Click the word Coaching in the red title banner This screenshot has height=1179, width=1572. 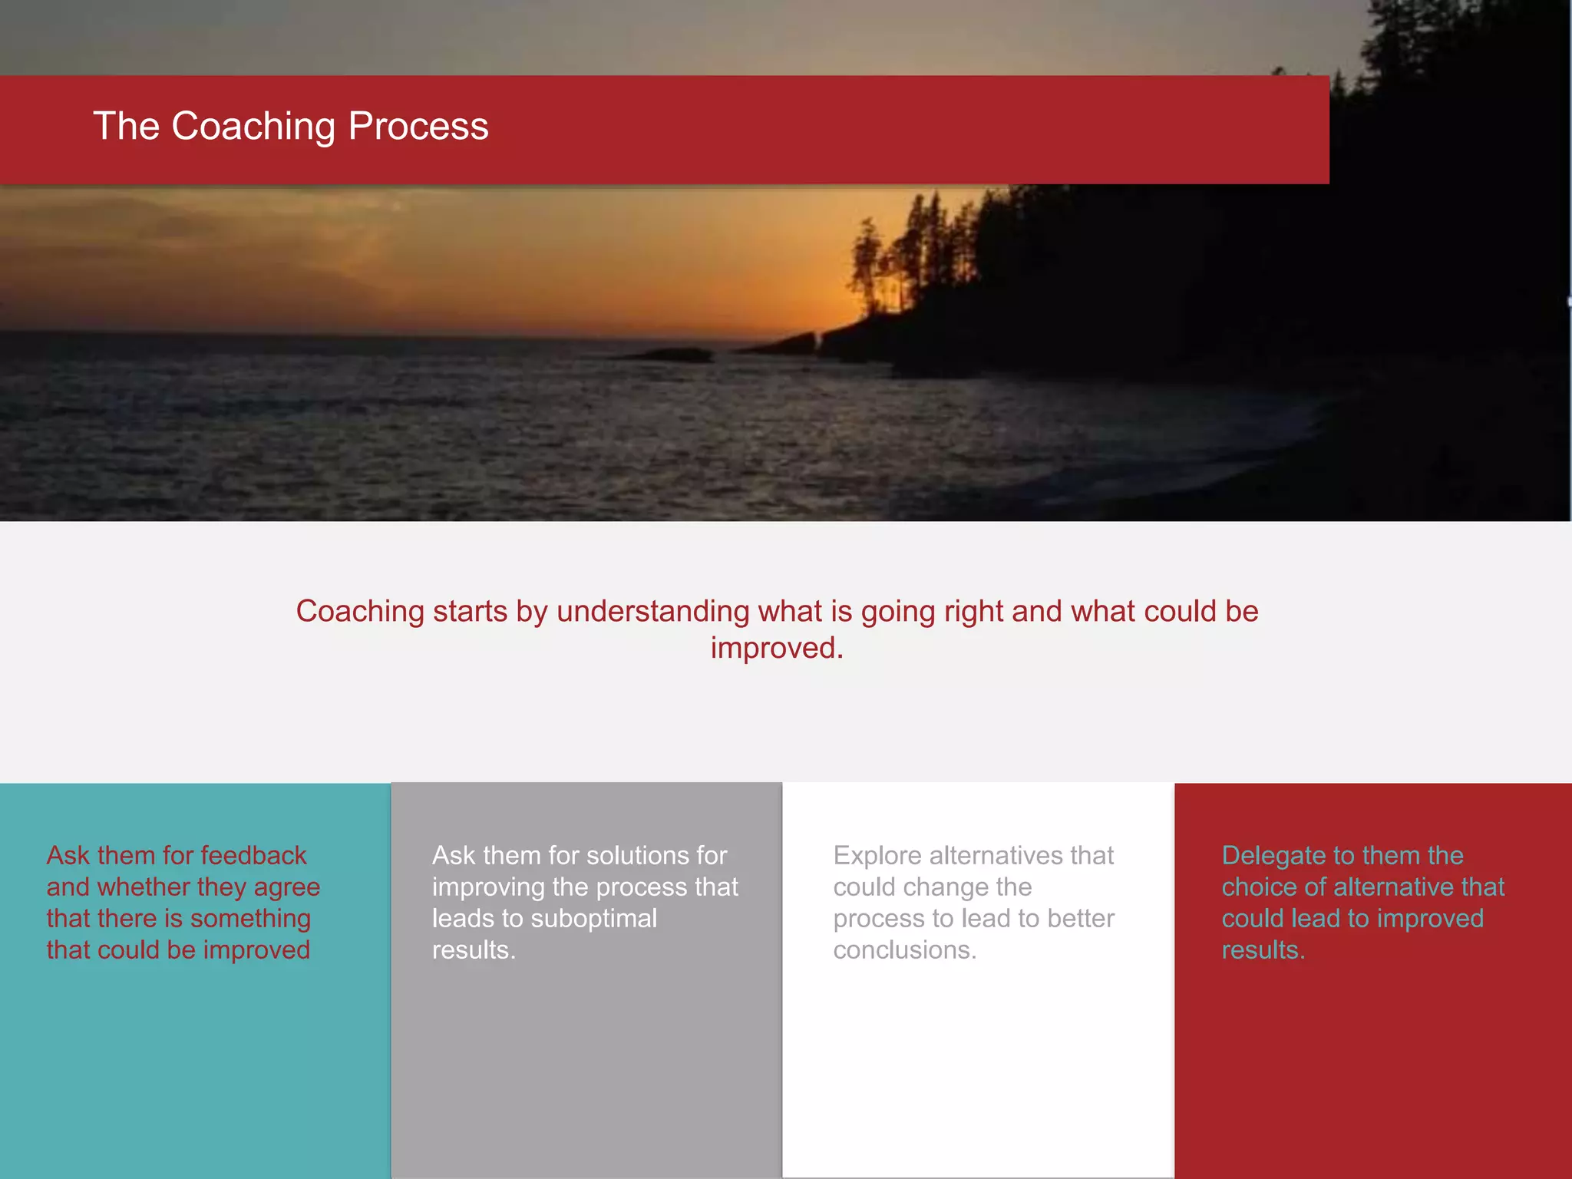[253, 127]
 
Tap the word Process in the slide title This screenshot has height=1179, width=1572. [418, 127]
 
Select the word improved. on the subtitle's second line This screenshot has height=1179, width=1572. [777, 649]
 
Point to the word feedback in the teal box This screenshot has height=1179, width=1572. [253, 856]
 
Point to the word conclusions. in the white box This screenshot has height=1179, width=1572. [905, 950]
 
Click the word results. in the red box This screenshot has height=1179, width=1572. [1263, 950]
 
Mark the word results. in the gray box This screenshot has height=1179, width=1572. [474, 950]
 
